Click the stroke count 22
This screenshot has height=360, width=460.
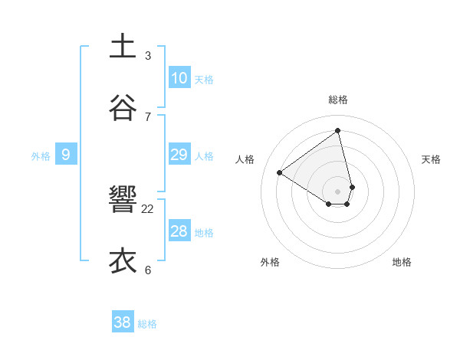(x=148, y=208)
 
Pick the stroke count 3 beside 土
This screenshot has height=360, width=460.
(x=148, y=55)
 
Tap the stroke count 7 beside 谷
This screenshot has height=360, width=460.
(x=148, y=116)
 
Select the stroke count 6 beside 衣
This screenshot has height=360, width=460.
(x=148, y=270)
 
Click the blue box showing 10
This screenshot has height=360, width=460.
(x=179, y=78)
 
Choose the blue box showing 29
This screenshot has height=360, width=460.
(x=179, y=155)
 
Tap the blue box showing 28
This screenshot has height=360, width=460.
(x=179, y=231)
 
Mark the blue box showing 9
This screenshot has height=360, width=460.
(x=66, y=155)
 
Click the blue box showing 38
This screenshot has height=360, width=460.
(x=123, y=322)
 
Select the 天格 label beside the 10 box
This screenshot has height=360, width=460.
(x=204, y=80)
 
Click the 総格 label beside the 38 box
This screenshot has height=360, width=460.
(x=147, y=324)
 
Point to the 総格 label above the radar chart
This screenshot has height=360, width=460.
(x=337, y=100)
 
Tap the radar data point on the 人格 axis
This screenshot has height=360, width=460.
(x=280, y=173)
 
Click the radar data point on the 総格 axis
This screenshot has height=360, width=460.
(x=337, y=130)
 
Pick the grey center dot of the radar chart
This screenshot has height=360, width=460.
(x=337, y=190)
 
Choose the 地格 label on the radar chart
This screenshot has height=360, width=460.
(x=402, y=262)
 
